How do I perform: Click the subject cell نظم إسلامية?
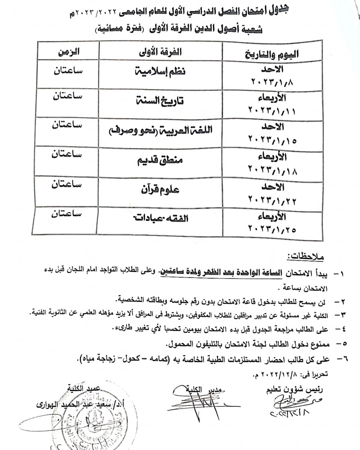pyautogui.click(x=161, y=72)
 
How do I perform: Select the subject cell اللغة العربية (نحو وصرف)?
pyautogui.click(x=161, y=130)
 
